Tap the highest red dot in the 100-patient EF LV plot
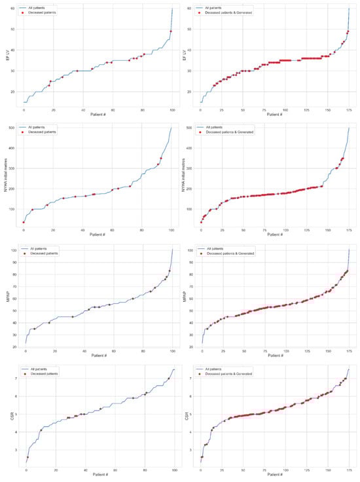171,31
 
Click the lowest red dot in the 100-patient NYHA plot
24,222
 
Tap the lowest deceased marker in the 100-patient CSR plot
27,457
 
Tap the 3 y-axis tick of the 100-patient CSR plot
14,450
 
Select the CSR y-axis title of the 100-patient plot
7,415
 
